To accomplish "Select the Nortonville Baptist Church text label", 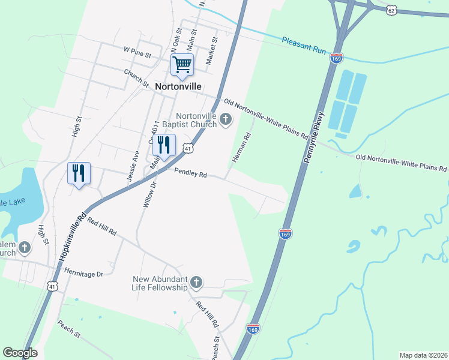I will point(196,120).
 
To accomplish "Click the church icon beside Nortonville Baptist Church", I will point(226,120).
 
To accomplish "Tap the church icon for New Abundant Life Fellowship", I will point(196,283).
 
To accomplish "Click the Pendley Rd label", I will point(190,174).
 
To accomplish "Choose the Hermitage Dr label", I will point(84,272).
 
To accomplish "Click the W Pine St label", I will point(136,53).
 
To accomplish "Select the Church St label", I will point(136,78).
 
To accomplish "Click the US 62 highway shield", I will point(391,10).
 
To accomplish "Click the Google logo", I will point(20,353).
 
